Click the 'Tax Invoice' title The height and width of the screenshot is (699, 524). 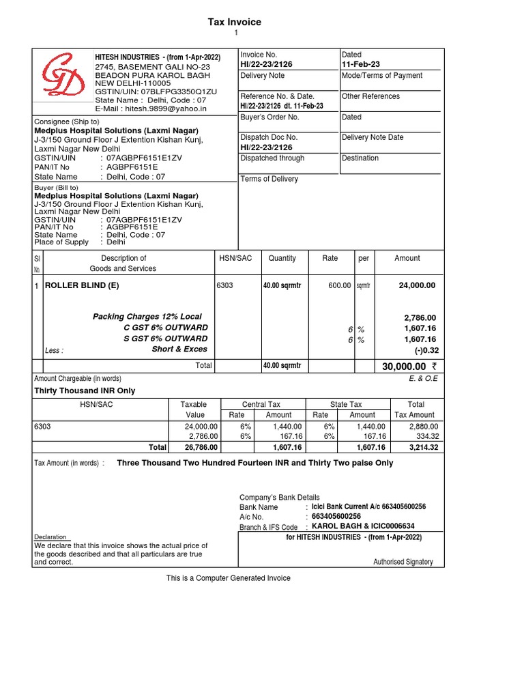click(235, 22)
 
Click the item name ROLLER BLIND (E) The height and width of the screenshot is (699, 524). click(82, 286)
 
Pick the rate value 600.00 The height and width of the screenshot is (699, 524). click(339, 286)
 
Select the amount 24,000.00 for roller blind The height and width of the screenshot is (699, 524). click(417, 286)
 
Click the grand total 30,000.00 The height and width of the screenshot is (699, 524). click(404, 367)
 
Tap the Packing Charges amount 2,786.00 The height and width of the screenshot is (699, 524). click(420, 317)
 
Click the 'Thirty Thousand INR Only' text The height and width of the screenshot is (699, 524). click(85, 391)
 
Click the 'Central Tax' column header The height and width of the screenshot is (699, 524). click(261, 405)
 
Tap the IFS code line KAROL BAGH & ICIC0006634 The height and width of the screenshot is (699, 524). click(363, 526)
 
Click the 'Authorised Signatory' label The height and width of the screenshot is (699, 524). click(403, 562)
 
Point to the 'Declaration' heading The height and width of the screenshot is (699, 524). click(50, 537)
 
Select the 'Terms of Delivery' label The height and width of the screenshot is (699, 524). click(270, 179)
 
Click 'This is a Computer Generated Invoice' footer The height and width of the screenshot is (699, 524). click(229, 578)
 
